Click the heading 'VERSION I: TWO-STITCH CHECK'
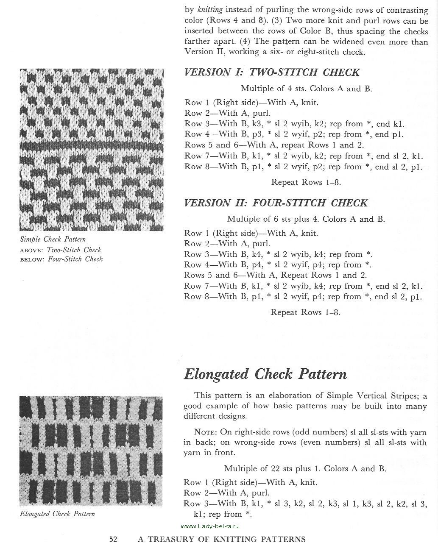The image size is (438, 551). pyautogui.click(x=272, y=72)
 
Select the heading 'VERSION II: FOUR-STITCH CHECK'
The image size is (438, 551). pyautogui.click(x=276, y=203)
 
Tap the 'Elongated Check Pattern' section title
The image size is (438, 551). pyautogui.click(x=265, y=374)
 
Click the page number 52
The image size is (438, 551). pyautogui.click(x=113, y=540)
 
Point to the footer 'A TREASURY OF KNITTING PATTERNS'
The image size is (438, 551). pyautogui.click(x=222, y=540)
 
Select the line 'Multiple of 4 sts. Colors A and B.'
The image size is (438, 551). pyautogui.click(x=307, y=89)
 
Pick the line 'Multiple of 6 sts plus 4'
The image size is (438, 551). pyautogui.click(x=306, y=219)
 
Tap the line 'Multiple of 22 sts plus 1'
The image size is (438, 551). pyautogui.click(x=305, y=469)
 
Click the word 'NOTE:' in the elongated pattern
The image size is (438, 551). pyautogui.click(x=205, y=432)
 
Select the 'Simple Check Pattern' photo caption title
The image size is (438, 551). pyautogui.click(x=53, y=239)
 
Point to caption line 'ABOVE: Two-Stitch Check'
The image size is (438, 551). pyautogui.click(x=61, y=250)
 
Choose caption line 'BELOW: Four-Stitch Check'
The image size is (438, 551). pyautogui.click(x=61, y=259)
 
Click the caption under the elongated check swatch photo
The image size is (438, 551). pyautogui.click(x=57, y=514)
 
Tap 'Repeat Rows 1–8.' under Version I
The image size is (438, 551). pyautogui.click(x=306, y=183)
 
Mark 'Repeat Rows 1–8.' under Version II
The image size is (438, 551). pyautogui.click(x=306, y=313)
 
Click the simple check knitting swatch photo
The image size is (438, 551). pyautogui.click(x=92, y=150)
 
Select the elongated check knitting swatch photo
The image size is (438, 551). pyautogui.click(x=91, y=451)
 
